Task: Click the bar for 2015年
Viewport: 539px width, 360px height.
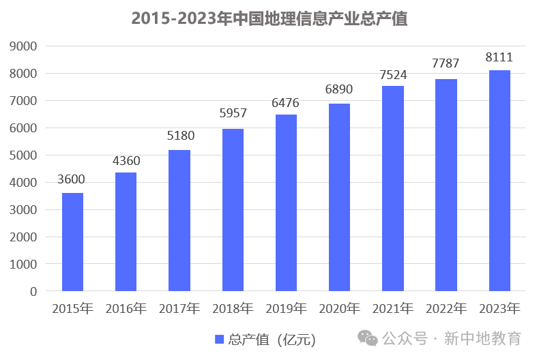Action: pos(72,242)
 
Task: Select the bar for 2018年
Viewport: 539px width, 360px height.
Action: pos(233,210)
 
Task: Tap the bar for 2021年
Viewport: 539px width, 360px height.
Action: pos(392,188)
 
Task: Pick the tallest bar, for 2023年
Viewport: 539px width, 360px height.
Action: pos(499,181)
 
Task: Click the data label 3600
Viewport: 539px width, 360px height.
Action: pos(72,180)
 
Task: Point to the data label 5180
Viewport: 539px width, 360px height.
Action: pos(179,136)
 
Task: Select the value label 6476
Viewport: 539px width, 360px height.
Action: pos(285,102)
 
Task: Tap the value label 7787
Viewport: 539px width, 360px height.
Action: pos(446,63)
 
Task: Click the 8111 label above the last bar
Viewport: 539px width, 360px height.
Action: pos(499,57)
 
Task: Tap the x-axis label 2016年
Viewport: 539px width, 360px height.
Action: pos(126,309)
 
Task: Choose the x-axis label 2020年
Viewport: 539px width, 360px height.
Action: pos(339,309)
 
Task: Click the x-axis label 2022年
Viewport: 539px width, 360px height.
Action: pos(446,309)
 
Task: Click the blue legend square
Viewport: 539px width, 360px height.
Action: pos(220,339)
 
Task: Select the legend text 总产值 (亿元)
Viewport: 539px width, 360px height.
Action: pos(272,339)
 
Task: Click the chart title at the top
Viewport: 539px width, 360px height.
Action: pos(269,18)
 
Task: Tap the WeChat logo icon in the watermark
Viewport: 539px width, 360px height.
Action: pos(368,338)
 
